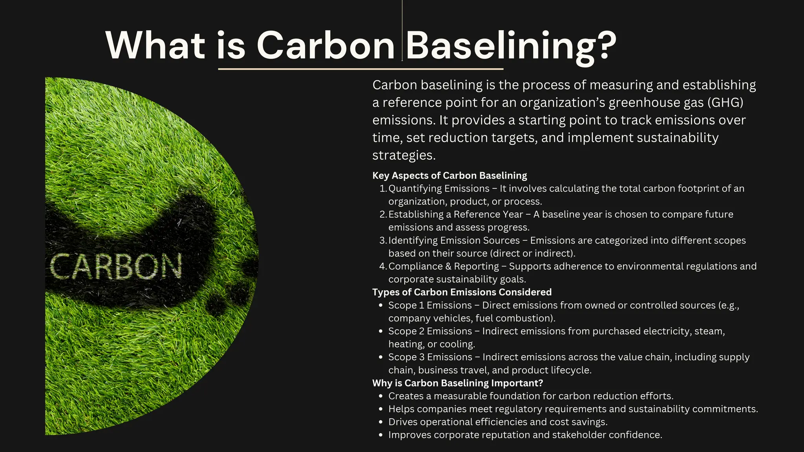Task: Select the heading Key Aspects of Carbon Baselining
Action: pos(450,175)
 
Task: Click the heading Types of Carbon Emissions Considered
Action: pos(462,292)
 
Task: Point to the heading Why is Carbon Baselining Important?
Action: pos(457,383)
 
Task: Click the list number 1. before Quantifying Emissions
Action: pos(383,189)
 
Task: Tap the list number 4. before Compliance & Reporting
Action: pos(383,266)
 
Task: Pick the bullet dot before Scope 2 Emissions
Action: pos(380,332)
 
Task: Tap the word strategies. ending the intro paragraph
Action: pos(404,155)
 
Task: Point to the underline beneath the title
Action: pos(360,69)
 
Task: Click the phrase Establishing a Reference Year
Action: pos(455,215)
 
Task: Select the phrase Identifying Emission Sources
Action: pos(454,241)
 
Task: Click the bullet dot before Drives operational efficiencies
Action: pos(380,422)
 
